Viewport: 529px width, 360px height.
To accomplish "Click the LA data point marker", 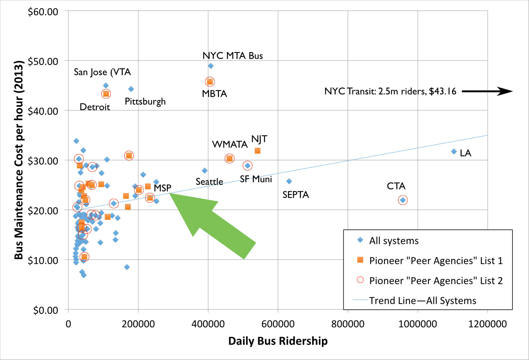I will [454, 151].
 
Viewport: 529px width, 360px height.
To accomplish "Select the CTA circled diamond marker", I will [403, 200].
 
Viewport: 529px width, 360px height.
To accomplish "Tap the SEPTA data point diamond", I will [289, 181].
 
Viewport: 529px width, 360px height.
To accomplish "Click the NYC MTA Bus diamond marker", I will [211, 66].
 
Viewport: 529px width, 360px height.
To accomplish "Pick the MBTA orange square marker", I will [210, 82].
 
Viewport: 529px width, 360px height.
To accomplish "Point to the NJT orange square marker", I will [257, 151].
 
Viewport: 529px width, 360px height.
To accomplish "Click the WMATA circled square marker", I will [230, 159].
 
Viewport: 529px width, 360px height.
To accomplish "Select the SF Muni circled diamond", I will [247, 166].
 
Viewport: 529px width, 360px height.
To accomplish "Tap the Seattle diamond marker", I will [204, 171].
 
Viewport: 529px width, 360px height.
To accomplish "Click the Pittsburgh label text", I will [145, 101].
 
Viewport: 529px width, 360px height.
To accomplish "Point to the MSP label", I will [162, 188].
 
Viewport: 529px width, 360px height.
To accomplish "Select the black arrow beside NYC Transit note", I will [487, 91].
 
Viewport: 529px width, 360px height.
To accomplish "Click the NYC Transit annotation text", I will [390, 91].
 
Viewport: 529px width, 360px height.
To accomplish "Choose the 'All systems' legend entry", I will [393, 241].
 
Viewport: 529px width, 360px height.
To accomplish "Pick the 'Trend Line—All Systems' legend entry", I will [422, 301].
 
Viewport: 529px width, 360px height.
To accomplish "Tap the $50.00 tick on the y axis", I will [43, 61].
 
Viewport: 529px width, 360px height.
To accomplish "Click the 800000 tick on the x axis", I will [348, 324].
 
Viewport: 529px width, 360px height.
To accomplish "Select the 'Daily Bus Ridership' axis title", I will [278, 341].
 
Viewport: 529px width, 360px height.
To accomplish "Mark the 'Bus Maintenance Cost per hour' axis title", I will [19, 160].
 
